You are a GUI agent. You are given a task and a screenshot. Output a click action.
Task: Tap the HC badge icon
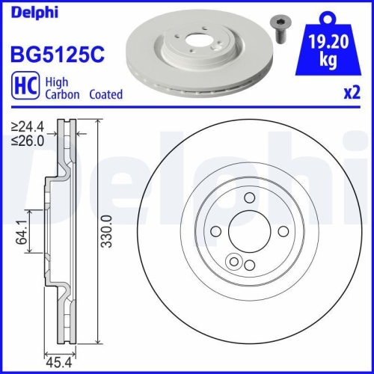pyautogui.click(x=24, y=89)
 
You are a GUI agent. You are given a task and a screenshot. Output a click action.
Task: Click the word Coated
pyautogui.click(x=105, y=95)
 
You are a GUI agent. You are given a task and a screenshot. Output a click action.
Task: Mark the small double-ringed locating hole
pyautogui.click(x=235, y=262)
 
